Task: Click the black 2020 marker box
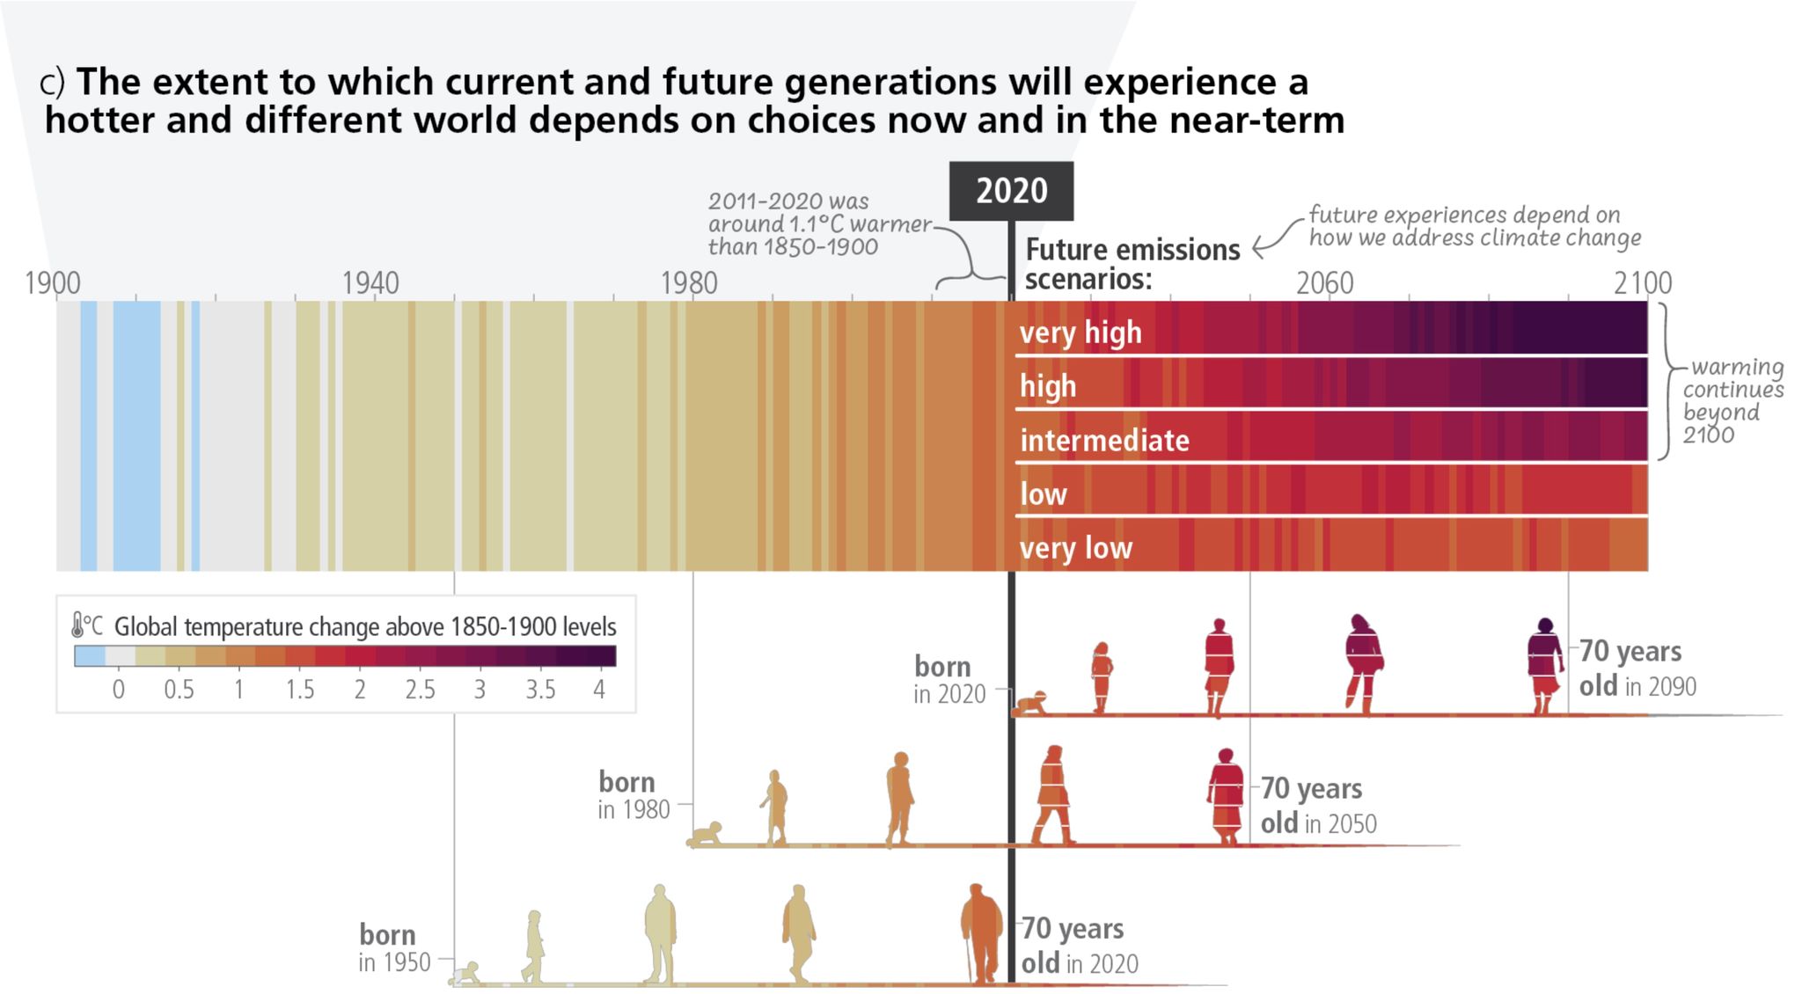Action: click(x=1011, y=191)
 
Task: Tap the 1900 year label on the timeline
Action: click(x=53, y=283)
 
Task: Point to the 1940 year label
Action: click(x=370, y=283)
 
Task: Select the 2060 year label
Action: click(x=1324, y=283)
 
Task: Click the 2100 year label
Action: click(x=1642, y=283)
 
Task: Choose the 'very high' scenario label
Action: click(x=1080, y=333)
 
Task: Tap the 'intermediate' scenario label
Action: click(x=1104, y=440)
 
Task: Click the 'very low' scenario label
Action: click(x=1075, y=548)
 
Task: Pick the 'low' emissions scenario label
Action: click(x=1044, y=494)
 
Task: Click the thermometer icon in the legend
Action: click(x=78, y=625)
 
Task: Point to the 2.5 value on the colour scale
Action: click(x=420, y=690)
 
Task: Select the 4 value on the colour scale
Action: click(x=599, y=690)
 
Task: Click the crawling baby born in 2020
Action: click(x=1029, y=703)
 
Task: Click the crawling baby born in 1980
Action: click(x=706, y=834)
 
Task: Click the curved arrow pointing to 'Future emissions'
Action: click(x=1276, y=238)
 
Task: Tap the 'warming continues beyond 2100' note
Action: click(x=1732, y=400)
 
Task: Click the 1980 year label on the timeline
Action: click(x=689, y=283)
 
